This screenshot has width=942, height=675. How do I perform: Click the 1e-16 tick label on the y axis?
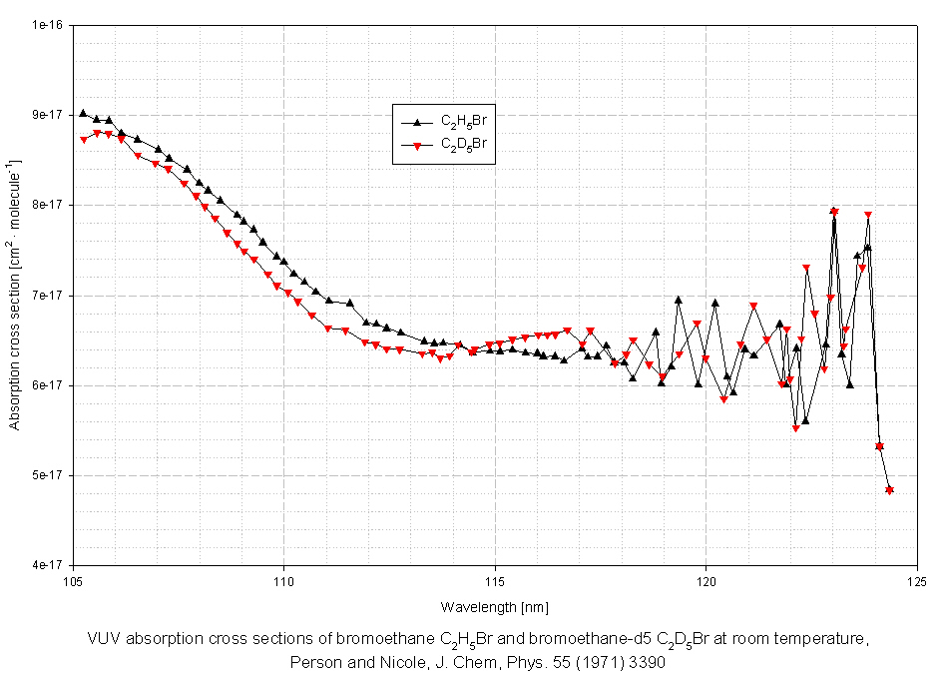point(47,25)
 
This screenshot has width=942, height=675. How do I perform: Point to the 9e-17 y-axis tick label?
point(47,115)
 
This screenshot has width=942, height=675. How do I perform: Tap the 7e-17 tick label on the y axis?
point(47,296)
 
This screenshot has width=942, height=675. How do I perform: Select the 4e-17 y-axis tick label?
point(47,565)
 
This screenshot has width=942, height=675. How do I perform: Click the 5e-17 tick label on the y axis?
point(47,475)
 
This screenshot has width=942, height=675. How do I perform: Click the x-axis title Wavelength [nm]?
point(494,607)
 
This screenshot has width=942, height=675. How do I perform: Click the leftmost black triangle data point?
point(83,113)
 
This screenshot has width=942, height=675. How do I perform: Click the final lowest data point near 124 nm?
point(889,489)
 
